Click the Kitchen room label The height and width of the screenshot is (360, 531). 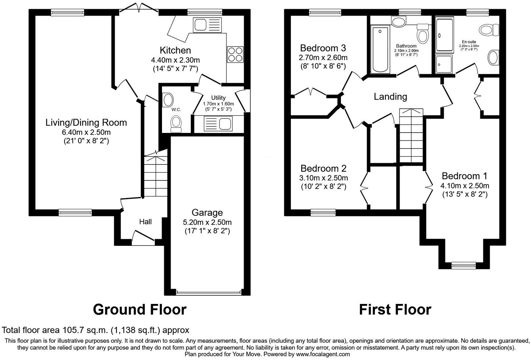point(175,51)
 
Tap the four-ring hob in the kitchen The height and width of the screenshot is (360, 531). point(235,54)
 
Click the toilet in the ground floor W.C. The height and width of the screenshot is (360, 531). point(176,124)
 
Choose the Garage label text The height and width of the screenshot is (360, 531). point(207,213)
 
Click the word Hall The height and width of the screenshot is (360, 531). point(145,222)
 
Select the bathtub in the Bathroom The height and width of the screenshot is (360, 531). point(380,50)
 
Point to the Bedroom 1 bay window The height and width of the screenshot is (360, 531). point(464,265)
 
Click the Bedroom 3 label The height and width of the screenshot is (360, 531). point(323,48)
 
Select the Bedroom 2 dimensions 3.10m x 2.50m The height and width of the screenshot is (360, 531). point(323,178)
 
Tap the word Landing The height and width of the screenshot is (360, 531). point(390,97)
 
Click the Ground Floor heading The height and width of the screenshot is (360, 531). point(139,309)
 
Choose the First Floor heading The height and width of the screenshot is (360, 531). point(395,309)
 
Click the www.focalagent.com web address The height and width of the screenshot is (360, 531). point(323,354)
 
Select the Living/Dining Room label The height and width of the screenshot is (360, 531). point(86,123)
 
